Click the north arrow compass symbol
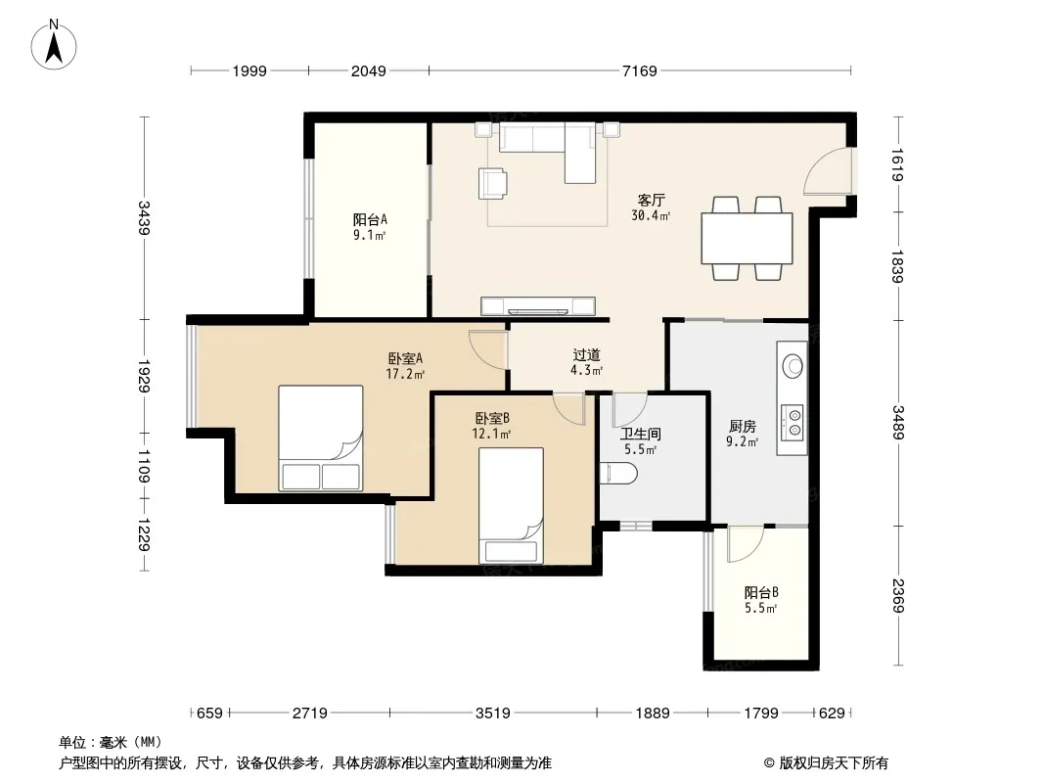click(x=54, y=44)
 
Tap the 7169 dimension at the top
click(x=639, y=70)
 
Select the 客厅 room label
click(x=652, y=201)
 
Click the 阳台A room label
click(x=370, y=219)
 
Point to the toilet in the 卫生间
click(x=618, y=474)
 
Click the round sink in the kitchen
click(x=793, y=366)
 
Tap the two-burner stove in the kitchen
click(x=793, y=422)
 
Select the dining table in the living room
click(x=747, y=238)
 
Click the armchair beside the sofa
click(x=493, y=183)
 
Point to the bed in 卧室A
click(x=321, y=438)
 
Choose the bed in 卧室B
click(x=511, y=506)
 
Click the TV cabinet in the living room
click(x=537, y=305)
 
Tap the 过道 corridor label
click(x=586, y=355)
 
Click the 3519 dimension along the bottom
click(x=492, y=714)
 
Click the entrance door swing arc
click(x=821, y=164)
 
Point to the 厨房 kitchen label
click(x=742, y=427)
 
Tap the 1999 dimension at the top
click(x=249, y=70)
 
